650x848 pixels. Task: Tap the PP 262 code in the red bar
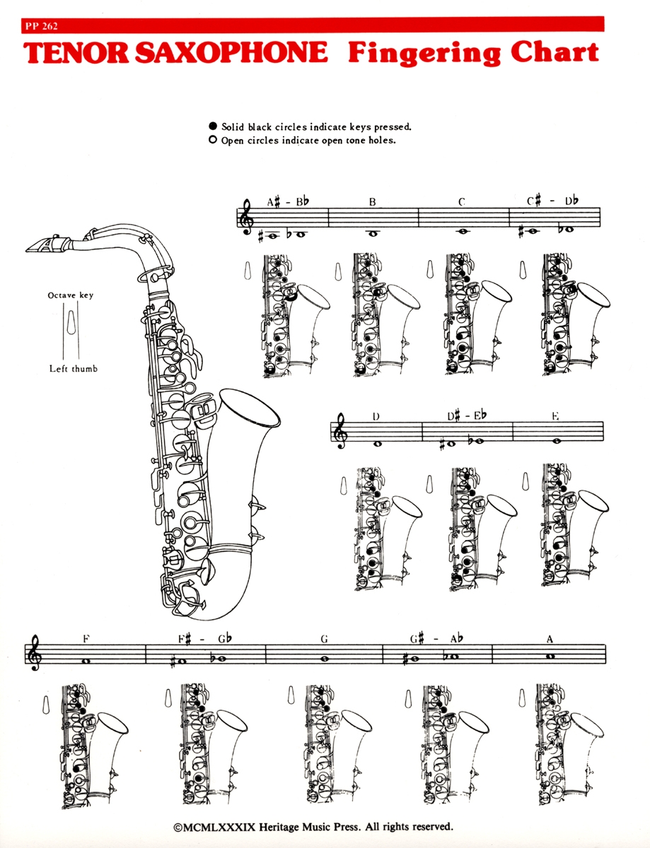[x=40, y=26]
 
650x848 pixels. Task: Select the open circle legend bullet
[x=213, y=141]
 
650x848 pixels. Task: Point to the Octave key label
[x=71, y=295]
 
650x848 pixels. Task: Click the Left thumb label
[x=73, y=369]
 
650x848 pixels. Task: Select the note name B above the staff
[x=372, y=203]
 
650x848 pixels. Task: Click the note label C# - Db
[x=552, y=201]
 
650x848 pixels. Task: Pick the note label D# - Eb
[x=467, y=417]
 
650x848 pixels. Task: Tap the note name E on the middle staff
[x=556, y=417]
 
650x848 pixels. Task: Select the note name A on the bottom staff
[x=550, y=640]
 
